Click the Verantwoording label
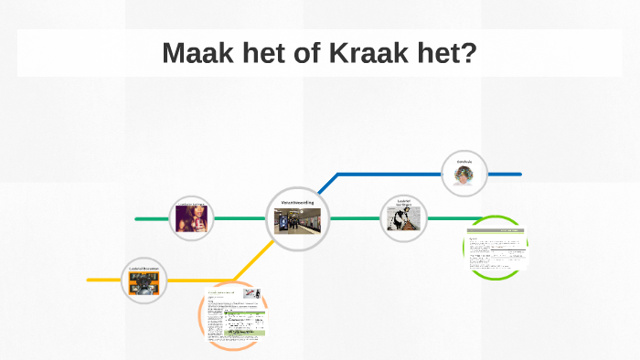click(x=296, y=203)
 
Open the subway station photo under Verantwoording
click(x=296, y=221)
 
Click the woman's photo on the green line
click(x=192, y=219)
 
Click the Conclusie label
click(x=464, y=161)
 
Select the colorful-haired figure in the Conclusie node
click(x=464, y=175)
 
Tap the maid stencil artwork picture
click(x=404, y=221)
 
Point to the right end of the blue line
click(x=519, y=174)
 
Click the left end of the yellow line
click(x=90, y=280)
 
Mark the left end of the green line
click(x=137, y=219)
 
